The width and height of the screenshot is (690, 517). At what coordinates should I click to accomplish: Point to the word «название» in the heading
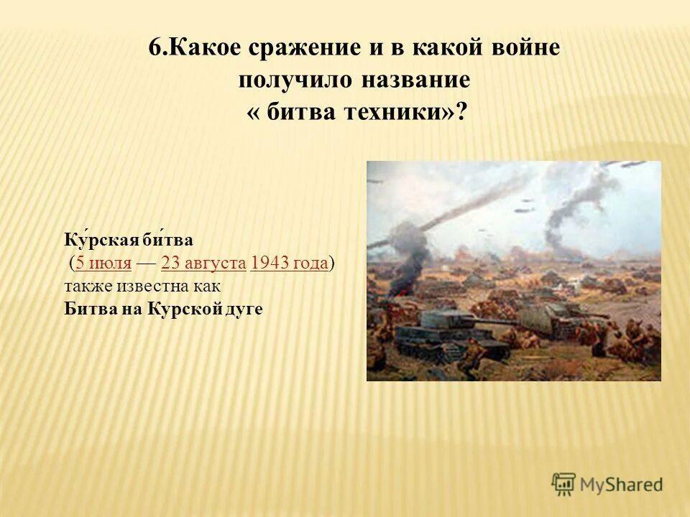417,80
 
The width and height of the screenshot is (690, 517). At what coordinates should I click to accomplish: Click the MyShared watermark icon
564,484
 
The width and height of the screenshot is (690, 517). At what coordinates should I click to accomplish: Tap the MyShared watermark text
621,485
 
